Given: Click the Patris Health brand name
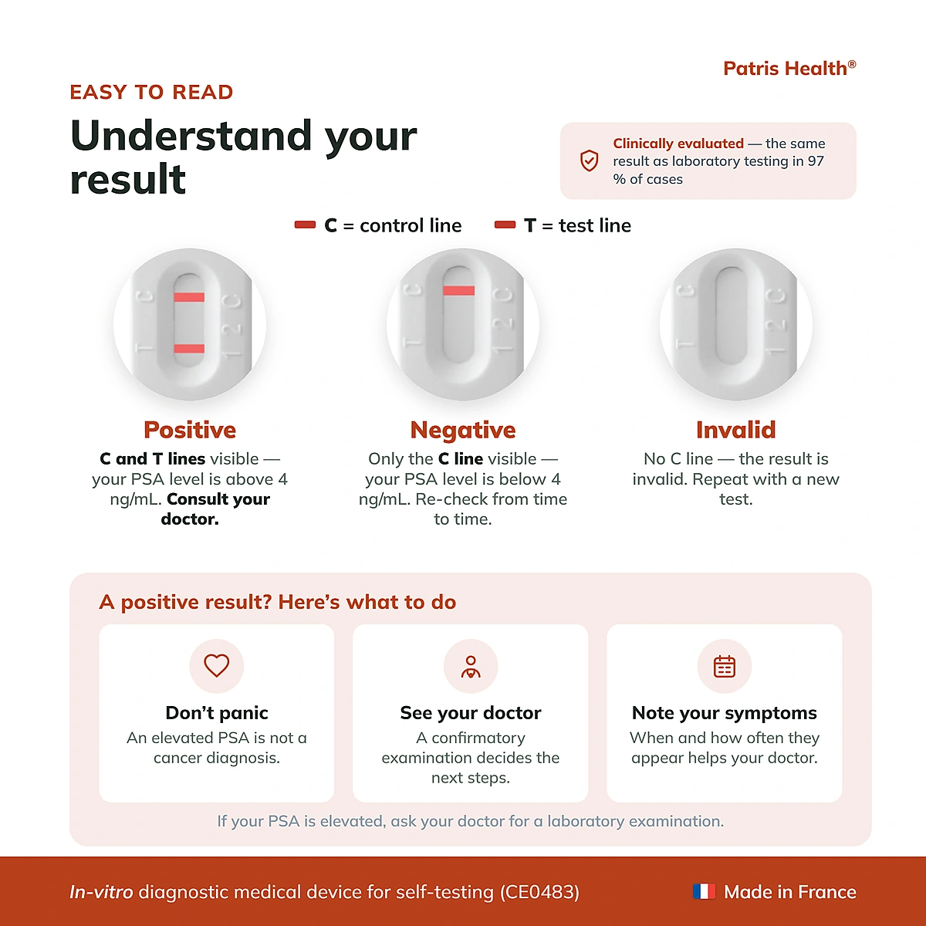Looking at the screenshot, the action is coord(789,69).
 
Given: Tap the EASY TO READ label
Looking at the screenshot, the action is coord(151,93).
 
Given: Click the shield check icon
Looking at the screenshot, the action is coord(589,161).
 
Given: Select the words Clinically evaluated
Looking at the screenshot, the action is coord(678,144).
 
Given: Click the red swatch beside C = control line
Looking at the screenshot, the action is coord(305,225).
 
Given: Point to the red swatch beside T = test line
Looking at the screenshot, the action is coord(505,225).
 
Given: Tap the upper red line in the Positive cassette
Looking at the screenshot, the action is coord(189,297).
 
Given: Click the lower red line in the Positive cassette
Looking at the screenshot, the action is coord(189,348).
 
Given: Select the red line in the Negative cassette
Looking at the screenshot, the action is coord(459,290).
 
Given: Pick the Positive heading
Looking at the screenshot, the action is coord(190,430).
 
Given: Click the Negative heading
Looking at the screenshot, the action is coord(463,430).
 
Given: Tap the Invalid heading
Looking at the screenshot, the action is coord(735,430).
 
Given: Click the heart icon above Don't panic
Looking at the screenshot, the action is coord(217,665).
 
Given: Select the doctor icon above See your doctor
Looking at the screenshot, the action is coord(471,667).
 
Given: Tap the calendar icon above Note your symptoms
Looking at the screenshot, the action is coord(724,667).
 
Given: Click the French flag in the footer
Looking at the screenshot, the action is coord(704,891).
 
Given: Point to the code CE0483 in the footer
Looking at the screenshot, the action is coord(539,892).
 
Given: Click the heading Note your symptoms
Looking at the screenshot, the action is coord(724,713).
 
